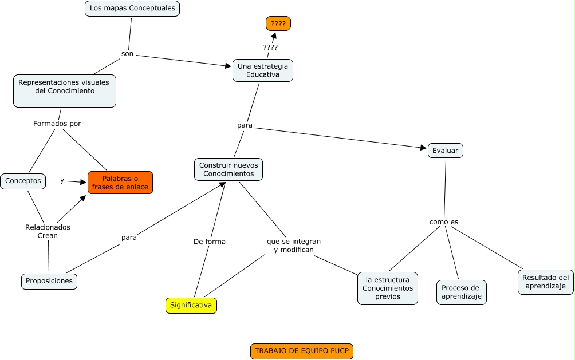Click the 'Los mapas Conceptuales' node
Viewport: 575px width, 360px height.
coord(132,9)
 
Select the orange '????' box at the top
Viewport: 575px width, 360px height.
coord(278,23)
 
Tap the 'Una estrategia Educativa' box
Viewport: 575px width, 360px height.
coord(263,70)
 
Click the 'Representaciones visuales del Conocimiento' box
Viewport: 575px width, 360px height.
coord(64,90)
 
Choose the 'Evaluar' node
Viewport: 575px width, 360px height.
coord(445,150)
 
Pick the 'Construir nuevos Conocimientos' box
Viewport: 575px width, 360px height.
coord(229,169)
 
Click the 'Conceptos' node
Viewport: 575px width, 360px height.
coord(23,181)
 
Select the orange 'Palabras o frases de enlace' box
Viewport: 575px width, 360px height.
coord(120,183)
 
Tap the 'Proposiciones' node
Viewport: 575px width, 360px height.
coord(49,281)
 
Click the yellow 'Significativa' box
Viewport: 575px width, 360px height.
coord(191,306)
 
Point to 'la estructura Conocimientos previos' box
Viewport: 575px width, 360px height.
coord(388,288)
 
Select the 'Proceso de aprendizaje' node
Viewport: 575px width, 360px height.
coord(461,292)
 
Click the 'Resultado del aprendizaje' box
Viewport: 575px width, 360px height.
coord(545,282)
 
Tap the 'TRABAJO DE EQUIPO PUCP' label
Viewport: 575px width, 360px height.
coord(302,351)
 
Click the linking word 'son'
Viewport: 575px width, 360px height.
coord(127,53)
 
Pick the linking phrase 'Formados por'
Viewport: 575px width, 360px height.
coord(57,123)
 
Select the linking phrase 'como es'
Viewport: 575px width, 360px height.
coord(444,221)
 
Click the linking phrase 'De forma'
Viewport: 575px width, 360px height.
coord(210,242)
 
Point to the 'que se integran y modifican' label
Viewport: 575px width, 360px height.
coord(294,246)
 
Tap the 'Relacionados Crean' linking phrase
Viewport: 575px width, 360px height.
coord(48,231)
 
